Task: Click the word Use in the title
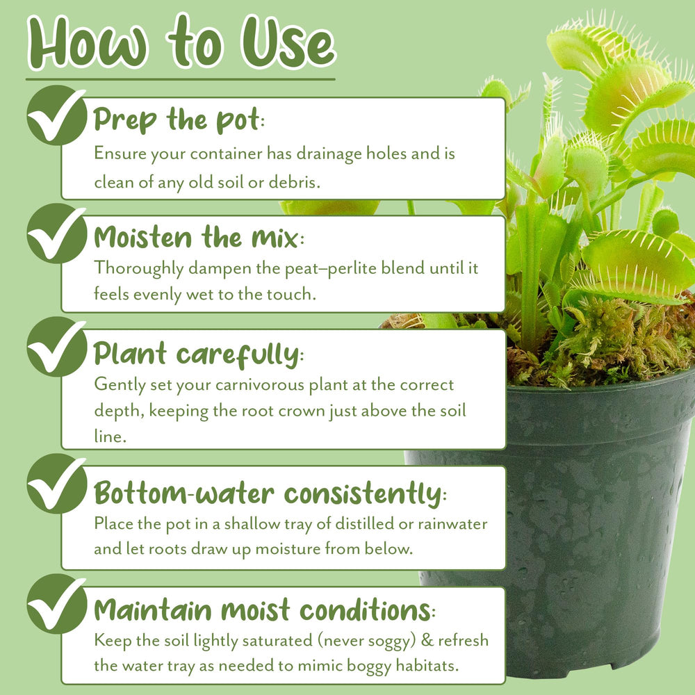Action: (x=288, y=42)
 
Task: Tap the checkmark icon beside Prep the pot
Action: (x=56, y=115)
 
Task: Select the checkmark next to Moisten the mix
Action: (x=56, y=234)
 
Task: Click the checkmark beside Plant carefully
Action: (x=56, y=347)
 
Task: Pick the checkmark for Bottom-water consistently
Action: (x=56, y=484)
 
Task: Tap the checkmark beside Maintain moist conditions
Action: (x=56, y=604)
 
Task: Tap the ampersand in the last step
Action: (x=427, y=641)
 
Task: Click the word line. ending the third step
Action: (x=110, y=436)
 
